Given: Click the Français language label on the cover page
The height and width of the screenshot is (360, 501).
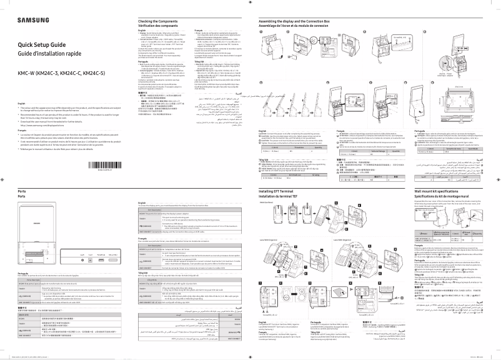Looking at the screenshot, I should (24, 131).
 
